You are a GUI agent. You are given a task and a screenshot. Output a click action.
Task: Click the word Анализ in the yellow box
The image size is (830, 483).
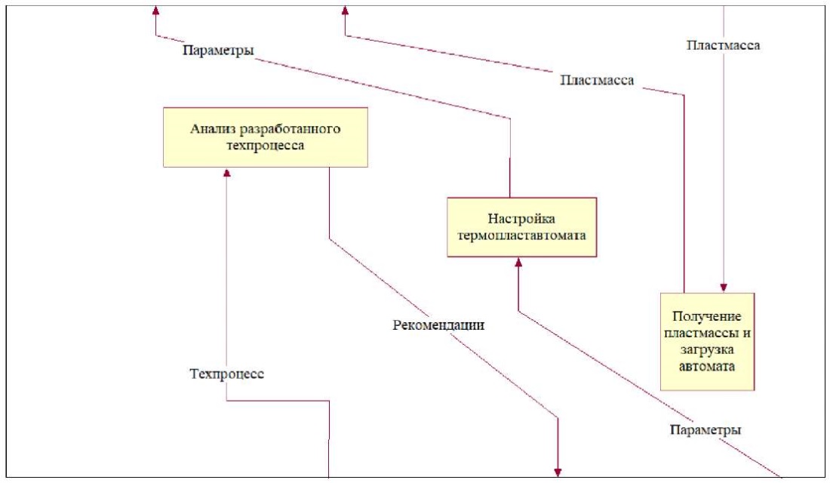point(213,128)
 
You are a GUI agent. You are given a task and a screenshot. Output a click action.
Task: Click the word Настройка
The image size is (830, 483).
point(521,220)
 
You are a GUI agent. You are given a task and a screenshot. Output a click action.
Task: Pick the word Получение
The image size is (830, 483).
point(706,315)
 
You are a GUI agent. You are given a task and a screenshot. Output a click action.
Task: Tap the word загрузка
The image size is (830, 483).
point(706,349)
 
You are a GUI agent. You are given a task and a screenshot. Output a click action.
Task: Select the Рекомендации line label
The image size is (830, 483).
point(438,326)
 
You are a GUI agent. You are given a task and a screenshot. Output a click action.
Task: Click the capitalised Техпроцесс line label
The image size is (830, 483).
point(226,374)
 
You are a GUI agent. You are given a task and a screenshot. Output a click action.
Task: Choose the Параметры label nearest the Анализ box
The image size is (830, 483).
point(217,51)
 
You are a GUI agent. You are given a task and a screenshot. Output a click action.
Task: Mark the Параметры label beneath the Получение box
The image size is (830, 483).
point(705,430)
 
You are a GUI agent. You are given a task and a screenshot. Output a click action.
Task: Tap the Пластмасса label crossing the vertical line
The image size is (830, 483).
point(724,45)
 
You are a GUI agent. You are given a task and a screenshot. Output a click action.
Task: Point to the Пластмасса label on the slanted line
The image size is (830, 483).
point(597,79)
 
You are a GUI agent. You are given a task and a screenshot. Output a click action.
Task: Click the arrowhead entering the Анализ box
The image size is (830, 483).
point(227,173)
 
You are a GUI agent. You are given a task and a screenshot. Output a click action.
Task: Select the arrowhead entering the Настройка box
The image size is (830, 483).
point(518,263)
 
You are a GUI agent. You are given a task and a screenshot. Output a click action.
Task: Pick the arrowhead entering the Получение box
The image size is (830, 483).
point(724,288)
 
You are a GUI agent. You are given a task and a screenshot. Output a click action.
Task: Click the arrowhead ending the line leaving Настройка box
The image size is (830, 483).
point(155,10)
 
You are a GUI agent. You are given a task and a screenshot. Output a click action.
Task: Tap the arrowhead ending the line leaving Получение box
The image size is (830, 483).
point(345,10)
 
